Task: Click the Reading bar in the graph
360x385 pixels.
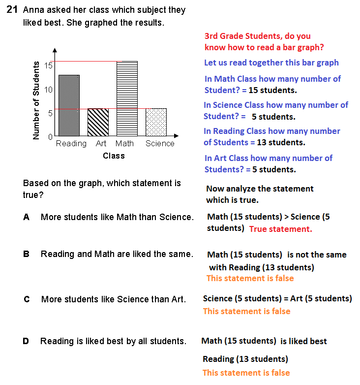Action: coord(69,105)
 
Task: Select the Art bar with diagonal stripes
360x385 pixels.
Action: coord(98,122)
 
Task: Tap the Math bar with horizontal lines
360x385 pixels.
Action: coord(126,98)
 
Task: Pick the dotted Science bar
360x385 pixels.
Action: coord(156,122)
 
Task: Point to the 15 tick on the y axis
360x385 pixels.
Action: coord(49,65)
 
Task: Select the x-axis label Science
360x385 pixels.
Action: coord(160,144)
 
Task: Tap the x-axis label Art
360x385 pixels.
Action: coord(101,144)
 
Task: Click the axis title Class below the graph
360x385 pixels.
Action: coord(114,156)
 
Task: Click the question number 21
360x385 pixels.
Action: coord(12,10)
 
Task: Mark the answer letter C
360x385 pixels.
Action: coord(27,299)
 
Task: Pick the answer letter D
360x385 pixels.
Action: coord(26,341)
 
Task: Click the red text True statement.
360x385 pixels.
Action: coord(280,229)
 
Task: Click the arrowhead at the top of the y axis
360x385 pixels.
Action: coord(55,50)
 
